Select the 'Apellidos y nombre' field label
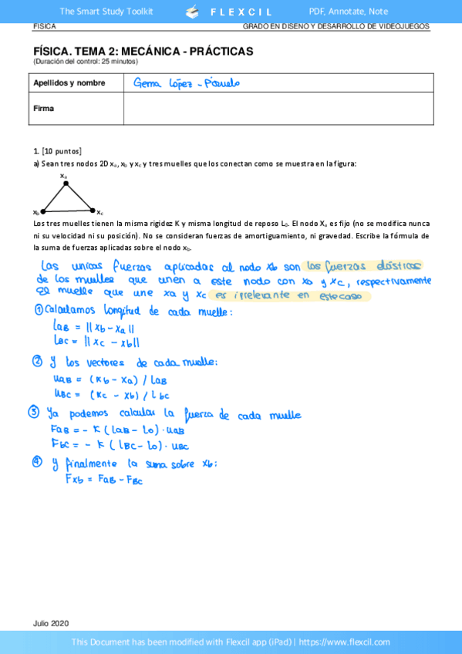[x=69, y=83]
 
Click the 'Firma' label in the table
[x=44, y=108]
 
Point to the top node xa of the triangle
[x=65, y=182]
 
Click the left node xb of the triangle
[x=43, y=211]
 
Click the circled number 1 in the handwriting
[x=39, y=311]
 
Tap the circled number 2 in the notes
[x=38, y=362]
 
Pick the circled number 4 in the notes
[x=38, y=463]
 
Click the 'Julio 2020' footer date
[x=51, y=622]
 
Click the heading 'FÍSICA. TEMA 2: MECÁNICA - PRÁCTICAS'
[x=143, y=51]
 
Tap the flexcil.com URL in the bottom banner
[x=360, y=642]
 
